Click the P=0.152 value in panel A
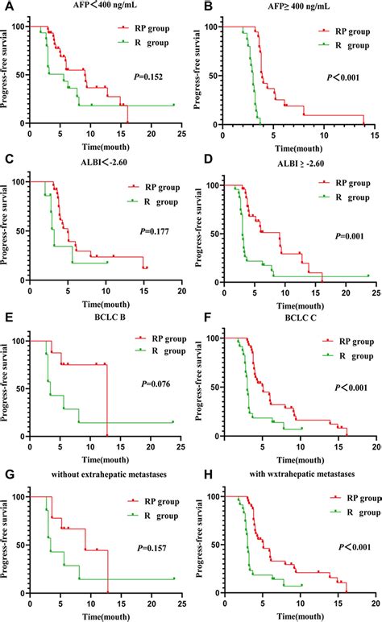150,77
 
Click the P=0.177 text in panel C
149,232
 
